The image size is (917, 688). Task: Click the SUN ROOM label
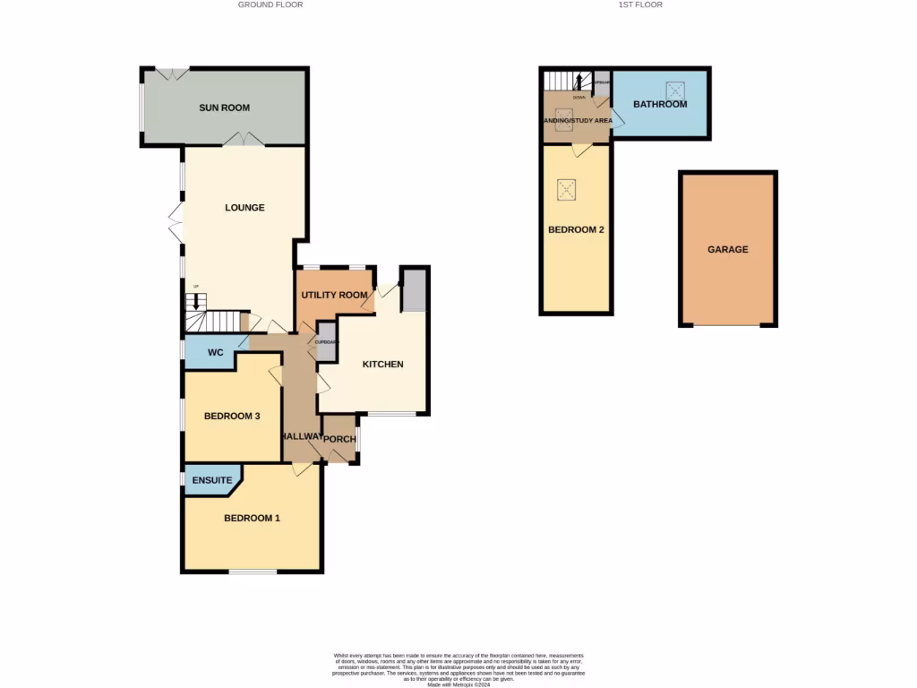pyautogui.click(x=224, y=107)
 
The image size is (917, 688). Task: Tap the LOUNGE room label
pyautogui.click(x=244, y=208)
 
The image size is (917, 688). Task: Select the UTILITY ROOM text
pyautogui.click(x=334, y=296)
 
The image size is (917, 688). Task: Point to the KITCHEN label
pyautogui.click(x=382, y=365)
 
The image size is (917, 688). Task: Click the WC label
pyautogui.click(x=215, y=353)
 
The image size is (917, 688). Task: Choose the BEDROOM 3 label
pyautogui.click(x=232, y=416)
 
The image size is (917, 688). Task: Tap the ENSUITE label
pyautogui.click(x=211, y=480)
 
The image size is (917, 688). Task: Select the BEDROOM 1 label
pyautogui.click(x=252, y=518)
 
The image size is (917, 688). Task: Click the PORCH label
pyautogui.click(x=339, y=439)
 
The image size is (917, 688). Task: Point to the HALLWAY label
pyautogui.click(x=301, y=436)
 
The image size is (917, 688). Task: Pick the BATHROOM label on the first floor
pyautogui.click(x=660, y=105)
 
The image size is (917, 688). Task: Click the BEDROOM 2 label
pyautogui.click(x=576, y=230)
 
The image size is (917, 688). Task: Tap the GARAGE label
pyautogui.click(x=727, y=250)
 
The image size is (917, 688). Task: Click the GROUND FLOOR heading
pyautogui.click(x=270, y=4)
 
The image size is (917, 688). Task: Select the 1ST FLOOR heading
pyautogui.click(x=640, y=4)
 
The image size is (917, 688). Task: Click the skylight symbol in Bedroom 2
pyautogui.click(x=566, y=189)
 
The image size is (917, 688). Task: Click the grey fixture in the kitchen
pyautogui.click(x=413, y=290)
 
